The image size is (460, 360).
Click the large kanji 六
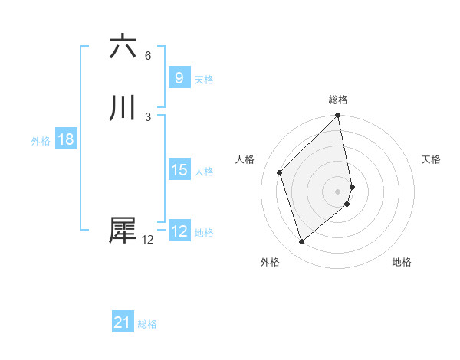point(123,47)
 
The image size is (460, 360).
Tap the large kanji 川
point(123,108)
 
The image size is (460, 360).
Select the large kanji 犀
point(123,231)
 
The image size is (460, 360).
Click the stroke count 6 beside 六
point(148,56)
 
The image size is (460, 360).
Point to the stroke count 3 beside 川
point(148,117)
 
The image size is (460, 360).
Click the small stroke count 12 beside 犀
point(148,240)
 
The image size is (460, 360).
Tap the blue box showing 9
point(179,78)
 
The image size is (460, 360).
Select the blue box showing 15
point(179,170)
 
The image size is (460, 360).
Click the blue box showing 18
point(65,139)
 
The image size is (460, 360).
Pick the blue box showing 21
point(123,322)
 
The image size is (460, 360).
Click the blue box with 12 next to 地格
point(179,231)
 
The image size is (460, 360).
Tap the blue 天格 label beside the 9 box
point(204,80)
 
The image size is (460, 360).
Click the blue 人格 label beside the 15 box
point(204,172)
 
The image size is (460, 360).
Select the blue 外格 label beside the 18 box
point(40,141)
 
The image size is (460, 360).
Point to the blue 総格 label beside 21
point(147,324)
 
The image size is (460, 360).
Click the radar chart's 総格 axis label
point(338,100)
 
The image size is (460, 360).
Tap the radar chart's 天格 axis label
point(431,159)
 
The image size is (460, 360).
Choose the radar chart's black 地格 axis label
point(402,262)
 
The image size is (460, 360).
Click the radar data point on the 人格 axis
point(280,172)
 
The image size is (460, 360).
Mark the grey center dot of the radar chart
point(338,191)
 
